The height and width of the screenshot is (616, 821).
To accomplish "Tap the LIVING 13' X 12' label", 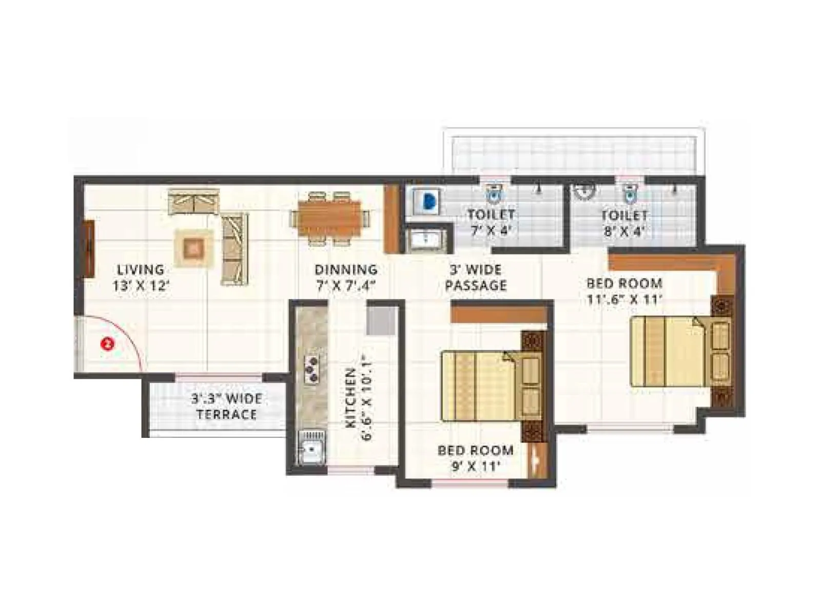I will point(141,277).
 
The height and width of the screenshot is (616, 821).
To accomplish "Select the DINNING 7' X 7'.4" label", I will point(346,277).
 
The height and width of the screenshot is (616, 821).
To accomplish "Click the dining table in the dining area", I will point(330,217).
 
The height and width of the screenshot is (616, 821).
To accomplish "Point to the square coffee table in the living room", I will point(193,248).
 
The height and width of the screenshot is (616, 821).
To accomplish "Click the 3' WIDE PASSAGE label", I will point(476,277).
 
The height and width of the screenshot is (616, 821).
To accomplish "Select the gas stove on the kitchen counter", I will point(311,369).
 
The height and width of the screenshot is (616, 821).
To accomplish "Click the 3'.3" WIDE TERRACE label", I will point(226,406).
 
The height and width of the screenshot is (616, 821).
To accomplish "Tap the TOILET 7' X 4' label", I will point(491,222).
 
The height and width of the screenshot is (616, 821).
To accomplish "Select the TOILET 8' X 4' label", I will point(624,222).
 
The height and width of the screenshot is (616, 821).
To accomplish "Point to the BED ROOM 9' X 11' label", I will point(475,458).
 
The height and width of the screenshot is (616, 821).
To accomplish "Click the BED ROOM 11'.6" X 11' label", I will point(624,291).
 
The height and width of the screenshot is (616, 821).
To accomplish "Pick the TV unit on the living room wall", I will point(88,249).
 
